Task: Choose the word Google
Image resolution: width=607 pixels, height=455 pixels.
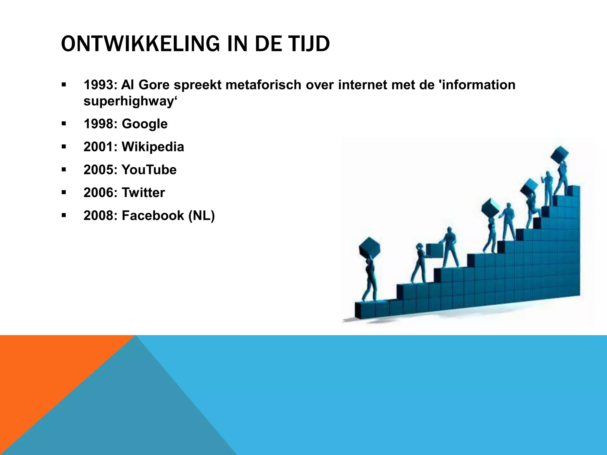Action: coord(145,124)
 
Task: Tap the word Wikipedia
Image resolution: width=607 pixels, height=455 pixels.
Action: coord(153,147)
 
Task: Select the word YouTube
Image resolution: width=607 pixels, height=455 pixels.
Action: coord(149,170)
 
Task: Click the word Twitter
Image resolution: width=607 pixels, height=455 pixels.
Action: coord(143,193)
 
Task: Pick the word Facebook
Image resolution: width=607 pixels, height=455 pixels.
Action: coord(153,215)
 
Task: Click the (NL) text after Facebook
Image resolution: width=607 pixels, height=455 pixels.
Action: coord(202,215)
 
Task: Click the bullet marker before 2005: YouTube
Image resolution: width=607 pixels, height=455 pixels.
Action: coord(64,170)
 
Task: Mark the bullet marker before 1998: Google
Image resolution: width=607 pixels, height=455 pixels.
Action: coord(64,124)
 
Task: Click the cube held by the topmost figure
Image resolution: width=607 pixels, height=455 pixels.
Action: coord(560,155)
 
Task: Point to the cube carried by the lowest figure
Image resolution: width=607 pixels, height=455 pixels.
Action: coord(369,248)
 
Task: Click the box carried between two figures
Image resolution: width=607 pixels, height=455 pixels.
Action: coord(435,251)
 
